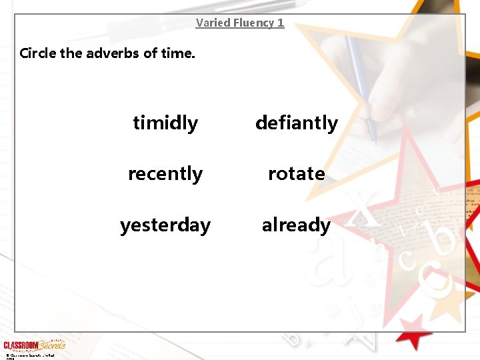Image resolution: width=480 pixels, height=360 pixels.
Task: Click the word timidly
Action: point(165,123)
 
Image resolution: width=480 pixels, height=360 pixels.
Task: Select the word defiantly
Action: point(297,123)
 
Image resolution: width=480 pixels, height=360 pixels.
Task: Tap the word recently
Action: point(165,173)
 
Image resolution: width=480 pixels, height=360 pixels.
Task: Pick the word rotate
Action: point(297,173)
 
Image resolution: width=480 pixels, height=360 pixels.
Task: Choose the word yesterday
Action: point(165,225)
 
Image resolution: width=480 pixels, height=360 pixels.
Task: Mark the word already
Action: point(296,225)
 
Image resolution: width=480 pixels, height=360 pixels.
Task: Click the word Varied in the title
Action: point(212,23)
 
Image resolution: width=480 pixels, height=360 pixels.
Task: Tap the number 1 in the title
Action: point(281,23)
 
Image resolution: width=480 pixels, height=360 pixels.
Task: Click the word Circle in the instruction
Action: point(38,53)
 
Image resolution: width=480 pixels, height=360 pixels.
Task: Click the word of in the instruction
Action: point(150,53)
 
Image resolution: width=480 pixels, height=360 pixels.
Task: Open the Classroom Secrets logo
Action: point(34,345)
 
